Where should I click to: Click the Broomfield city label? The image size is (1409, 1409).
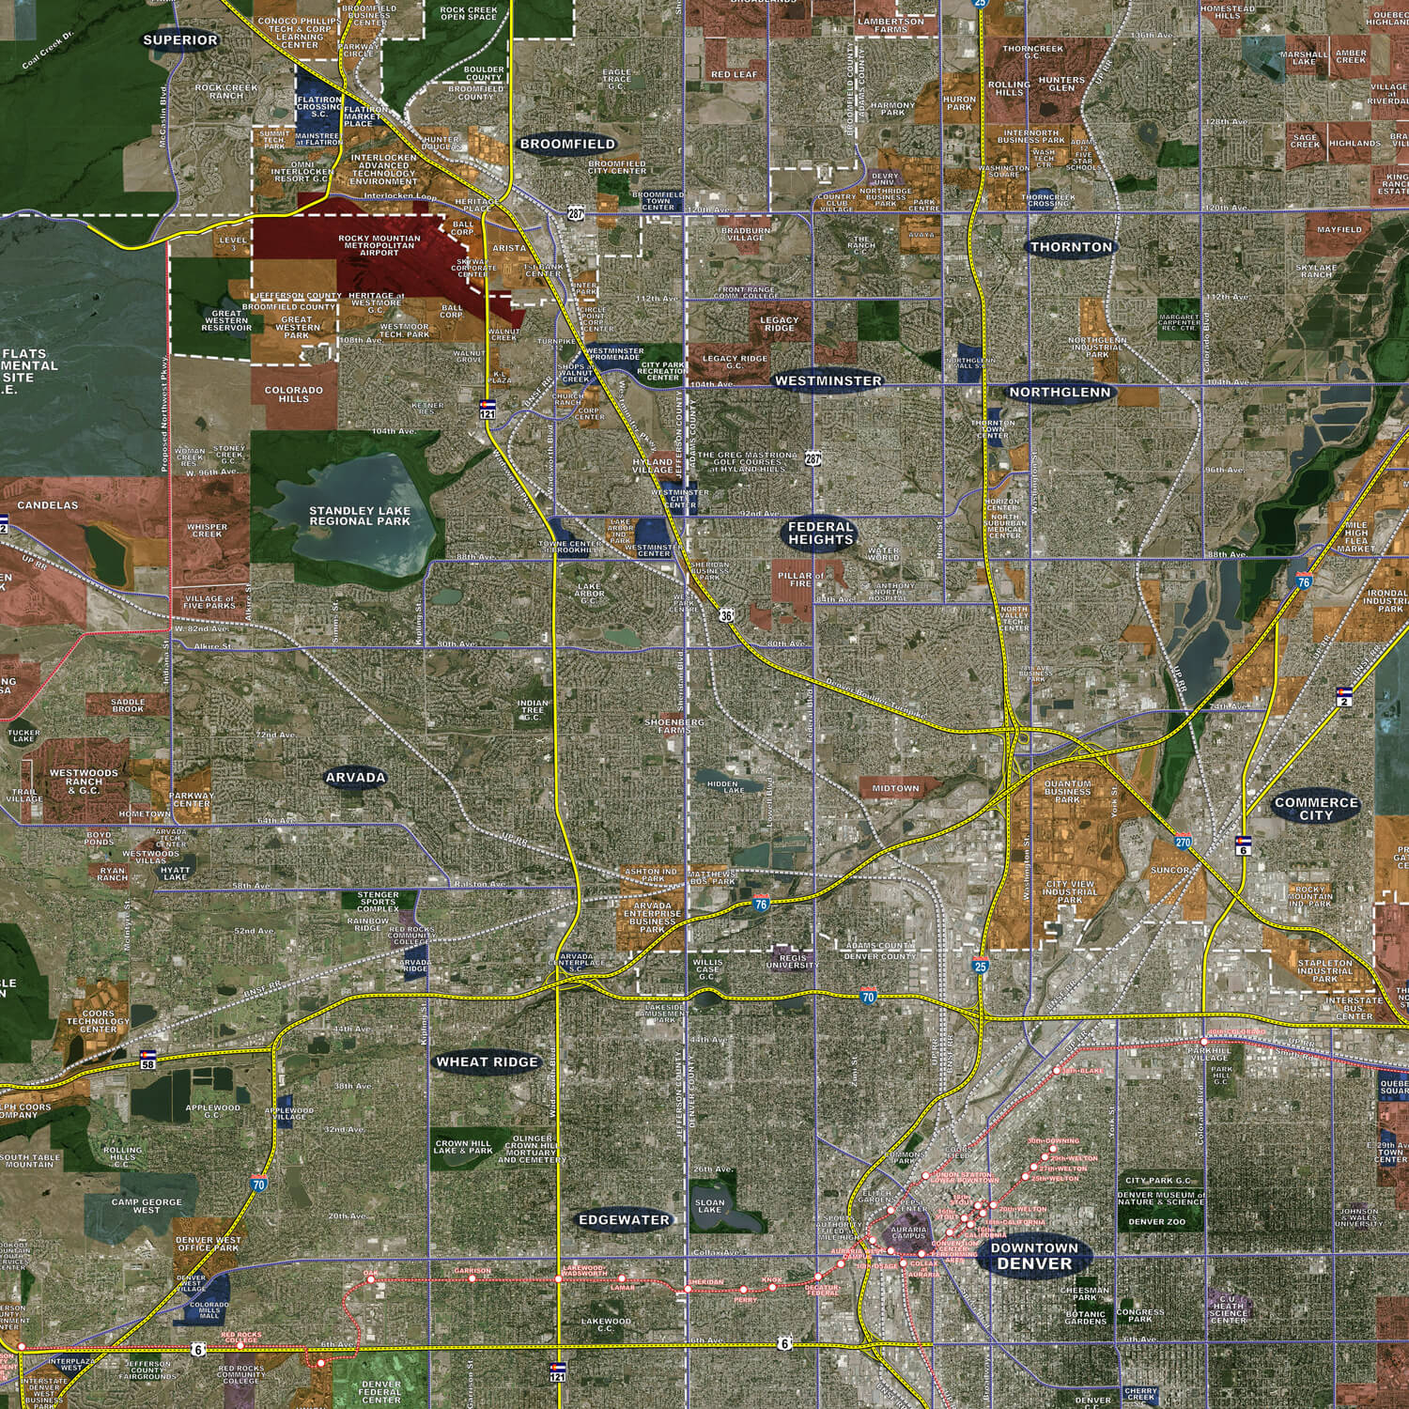(x=567, y=145)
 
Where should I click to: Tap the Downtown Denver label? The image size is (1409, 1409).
(x=1034, y=1256)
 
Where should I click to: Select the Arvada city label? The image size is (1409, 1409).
(x=356, y=778)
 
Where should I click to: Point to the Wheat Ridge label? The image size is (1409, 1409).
(x=488, y=1062)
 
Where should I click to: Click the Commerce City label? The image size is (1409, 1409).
(x=1316, y=809)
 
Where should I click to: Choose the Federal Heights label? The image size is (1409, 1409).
(x=821, y=534)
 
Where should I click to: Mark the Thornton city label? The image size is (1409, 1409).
(x=1071, y=248)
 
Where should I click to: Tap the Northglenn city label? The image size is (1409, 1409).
(x=1060, y=393)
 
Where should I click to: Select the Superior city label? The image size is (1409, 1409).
(x=180, y=40)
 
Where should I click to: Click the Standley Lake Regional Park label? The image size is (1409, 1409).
(x=360, y=516)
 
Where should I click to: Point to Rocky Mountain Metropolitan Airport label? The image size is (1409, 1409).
(x=379, y=245)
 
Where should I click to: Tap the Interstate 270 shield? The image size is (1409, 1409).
(x=1183, y=843)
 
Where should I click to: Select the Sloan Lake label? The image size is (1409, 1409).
(x=710, y=1206)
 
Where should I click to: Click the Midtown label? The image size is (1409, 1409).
(x=895, y=788)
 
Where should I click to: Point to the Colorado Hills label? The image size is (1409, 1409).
(x=293, y=394)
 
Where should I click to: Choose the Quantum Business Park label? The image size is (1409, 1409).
(x=1068, y=791)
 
